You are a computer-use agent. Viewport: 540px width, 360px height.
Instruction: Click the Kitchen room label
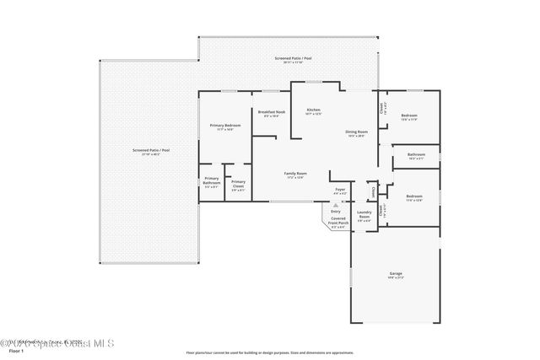[x=314, y=110]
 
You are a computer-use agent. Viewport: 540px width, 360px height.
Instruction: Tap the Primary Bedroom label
[x=225, y=126]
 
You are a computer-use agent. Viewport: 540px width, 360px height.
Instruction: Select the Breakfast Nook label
[x=271, y=112]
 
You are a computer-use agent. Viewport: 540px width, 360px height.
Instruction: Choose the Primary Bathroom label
[x=211, y=181]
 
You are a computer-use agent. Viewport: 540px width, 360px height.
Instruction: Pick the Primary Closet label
[x=238, y=185]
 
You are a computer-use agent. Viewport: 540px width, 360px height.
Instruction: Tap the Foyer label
[x=340, y=190]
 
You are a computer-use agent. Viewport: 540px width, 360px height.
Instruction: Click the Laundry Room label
[x=364, y=215]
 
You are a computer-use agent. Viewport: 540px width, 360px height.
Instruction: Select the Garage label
[x=395, y=274]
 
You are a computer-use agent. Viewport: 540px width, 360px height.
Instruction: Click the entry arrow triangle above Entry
[x=336, y=205]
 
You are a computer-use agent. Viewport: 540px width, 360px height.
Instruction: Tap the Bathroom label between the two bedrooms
[x=416, y=155]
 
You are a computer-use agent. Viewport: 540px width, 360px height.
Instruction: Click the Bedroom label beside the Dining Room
[x=408, y=116]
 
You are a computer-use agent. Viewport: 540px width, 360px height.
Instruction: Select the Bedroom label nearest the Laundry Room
[x=413, y=197]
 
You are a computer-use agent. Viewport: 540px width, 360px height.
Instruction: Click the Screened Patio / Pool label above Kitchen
[x=293, y=58]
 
